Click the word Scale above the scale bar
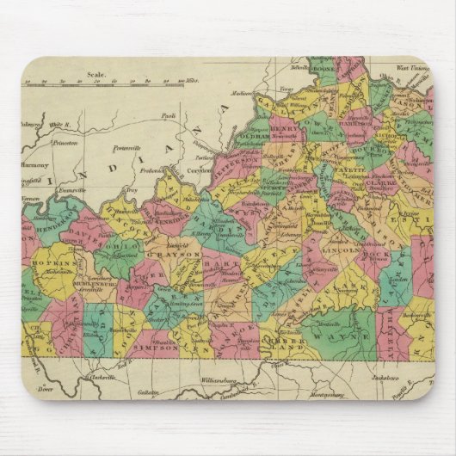click(x=96, y=75)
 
